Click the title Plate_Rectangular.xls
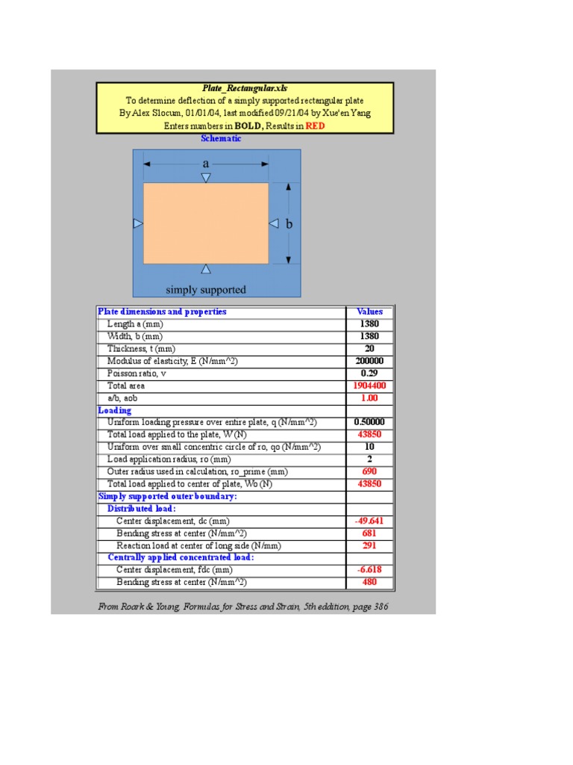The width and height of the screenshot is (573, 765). click(245, 88)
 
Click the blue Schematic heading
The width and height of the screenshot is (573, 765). click(222, 138)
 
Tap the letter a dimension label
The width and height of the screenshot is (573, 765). click(205, 164)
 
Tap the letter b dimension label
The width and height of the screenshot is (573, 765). click(289, 223)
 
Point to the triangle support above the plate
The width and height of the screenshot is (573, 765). click(206, 178)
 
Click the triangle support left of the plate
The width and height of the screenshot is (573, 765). click(137, 223)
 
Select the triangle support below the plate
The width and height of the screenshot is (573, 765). click(206, 269)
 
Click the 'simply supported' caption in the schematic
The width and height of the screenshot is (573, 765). click(205, 290)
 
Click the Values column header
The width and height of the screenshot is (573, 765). click(369, 312)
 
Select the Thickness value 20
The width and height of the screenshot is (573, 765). click(369, 349)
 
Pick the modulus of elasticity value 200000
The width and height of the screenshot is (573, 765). click(369, 361)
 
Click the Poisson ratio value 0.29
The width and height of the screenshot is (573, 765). click(369, 373)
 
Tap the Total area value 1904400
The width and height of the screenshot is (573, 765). click(369, 385)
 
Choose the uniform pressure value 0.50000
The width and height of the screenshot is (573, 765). click(369, 422)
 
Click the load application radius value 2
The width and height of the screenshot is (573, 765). click(369, 459)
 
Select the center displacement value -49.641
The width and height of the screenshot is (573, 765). click(369, 521)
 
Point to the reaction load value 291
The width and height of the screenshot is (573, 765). click(369, 545)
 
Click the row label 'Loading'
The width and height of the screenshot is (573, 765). click(115, 410)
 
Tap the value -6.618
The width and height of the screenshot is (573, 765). click(369, 570)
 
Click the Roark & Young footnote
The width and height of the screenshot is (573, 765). click(243, 607)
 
